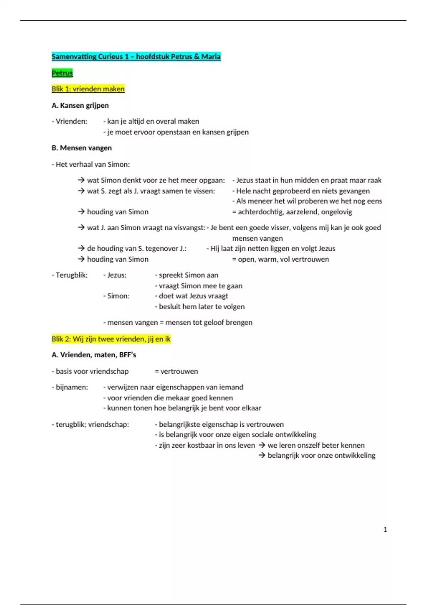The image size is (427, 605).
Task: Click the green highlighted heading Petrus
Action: pos(62,73)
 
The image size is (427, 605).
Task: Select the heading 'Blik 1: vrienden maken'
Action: pos(88,89)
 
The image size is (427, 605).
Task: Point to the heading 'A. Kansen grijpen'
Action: pos(80,105)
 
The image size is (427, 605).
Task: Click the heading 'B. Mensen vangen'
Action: pos(81,148)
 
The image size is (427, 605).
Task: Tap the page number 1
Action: pos(385,530)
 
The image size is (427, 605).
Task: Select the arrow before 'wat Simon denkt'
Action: pos(81,180)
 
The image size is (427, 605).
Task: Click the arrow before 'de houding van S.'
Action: pos(81,248)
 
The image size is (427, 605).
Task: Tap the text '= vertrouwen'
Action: pos(176,371)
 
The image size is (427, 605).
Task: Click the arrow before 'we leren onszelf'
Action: pos(262,445)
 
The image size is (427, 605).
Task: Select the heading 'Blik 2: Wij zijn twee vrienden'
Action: pos(111,339)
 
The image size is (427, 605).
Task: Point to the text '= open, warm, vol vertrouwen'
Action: pos(280,259)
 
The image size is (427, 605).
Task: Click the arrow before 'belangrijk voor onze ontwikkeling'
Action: pos(262,456)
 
